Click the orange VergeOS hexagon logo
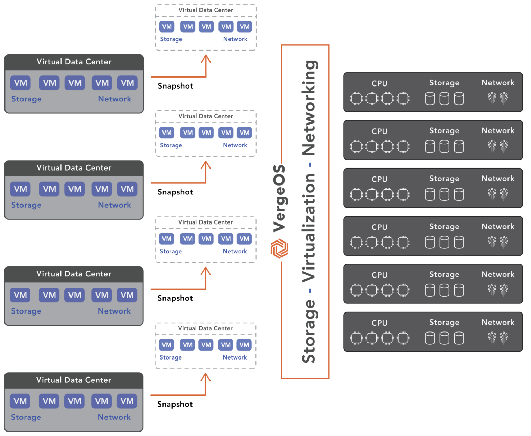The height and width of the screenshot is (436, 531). (x=279, y=248)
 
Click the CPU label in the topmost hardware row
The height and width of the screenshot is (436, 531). (x=379, y=83)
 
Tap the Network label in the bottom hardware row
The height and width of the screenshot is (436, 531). (x=498, y=322)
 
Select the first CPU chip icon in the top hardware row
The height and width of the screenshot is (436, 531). (x=356, y=99)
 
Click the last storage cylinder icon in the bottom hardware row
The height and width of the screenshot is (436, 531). (x=459, y=338)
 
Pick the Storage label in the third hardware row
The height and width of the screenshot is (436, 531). (x=444, y=179)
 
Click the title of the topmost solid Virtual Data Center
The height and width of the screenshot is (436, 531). (x=74, y=62)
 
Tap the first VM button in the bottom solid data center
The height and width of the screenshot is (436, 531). (x=20, y=401)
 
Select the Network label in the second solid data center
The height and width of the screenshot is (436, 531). (x=114, y=205)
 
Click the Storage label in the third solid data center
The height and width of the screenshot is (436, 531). (x=26, y=311)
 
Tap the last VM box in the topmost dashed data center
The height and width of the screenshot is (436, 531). (x=245, y=27)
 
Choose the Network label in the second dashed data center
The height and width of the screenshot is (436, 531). (x=235, y=145)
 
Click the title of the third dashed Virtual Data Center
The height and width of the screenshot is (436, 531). (x=205, y=222)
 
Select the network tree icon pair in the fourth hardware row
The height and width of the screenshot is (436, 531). (x=498, y=242)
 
